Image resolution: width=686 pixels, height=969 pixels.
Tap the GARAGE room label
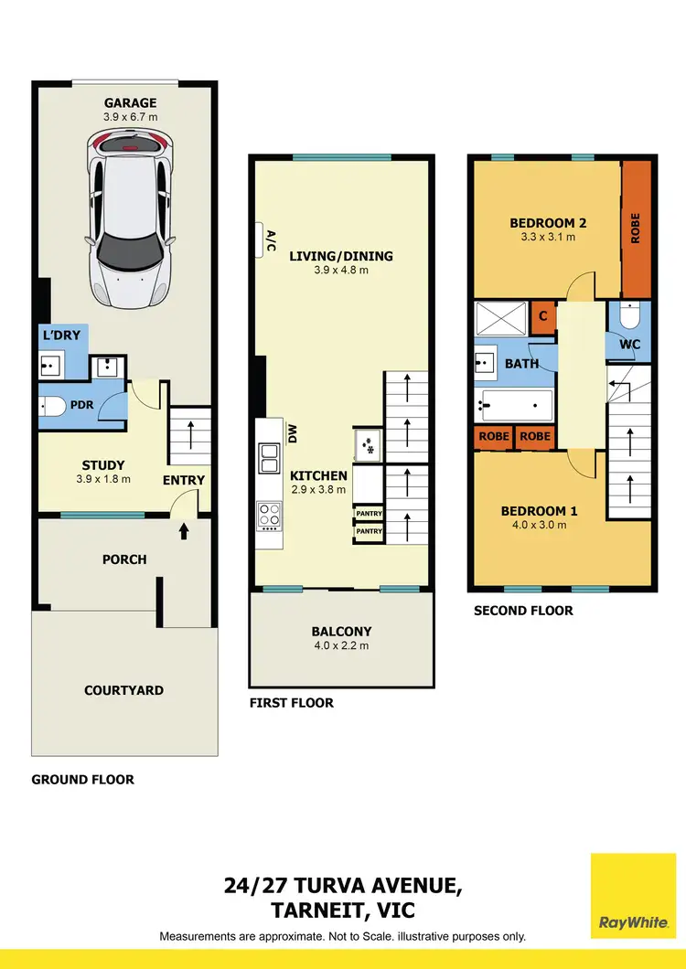point(129,103)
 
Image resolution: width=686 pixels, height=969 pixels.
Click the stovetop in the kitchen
point(270,516)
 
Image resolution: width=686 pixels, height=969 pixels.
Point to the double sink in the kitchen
point(270,458)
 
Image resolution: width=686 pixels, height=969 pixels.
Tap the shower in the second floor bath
point(500,319)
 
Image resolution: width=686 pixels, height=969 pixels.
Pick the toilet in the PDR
point(54,405)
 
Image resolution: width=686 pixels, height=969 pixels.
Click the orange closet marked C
point(542,315)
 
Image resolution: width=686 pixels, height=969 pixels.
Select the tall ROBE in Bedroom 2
point(636,229)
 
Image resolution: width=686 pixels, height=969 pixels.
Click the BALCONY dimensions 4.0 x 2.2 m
point(341,645)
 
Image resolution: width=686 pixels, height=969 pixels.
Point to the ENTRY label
point(184,480)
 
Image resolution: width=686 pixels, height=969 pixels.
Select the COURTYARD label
point(124,690)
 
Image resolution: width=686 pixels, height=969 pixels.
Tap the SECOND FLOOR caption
point(523,610)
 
